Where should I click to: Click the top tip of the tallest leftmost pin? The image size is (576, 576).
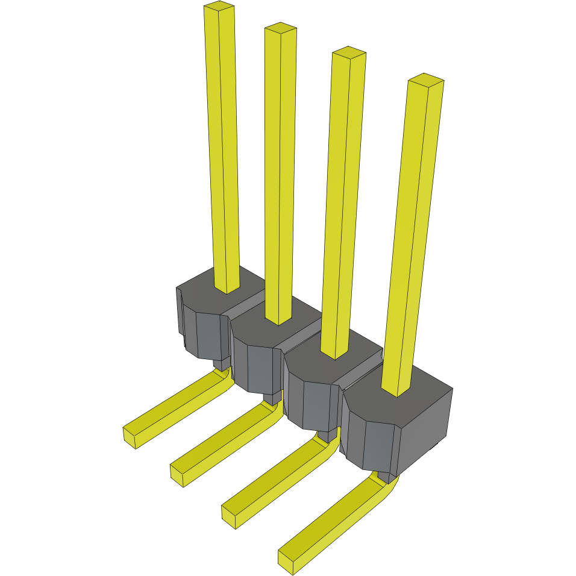pyautogui.click(x=219, y=7)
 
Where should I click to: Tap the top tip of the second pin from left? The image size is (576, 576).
pyautogui.click(x=281, y=28)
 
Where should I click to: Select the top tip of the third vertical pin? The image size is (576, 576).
pyautogui.click(x=349, y=52)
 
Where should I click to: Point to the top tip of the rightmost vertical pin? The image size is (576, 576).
pyautogui.click(x=426, y=80)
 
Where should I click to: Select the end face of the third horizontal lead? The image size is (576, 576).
pyautogui.click(x=228, y=516)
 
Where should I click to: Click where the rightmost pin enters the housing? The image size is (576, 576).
pyautogui.click(x=397, y=393)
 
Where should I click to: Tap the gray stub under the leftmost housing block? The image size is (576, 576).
pyautogui.click(x=222, y=364)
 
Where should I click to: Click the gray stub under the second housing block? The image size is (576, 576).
pyautogui.click(x=273, y=398)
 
